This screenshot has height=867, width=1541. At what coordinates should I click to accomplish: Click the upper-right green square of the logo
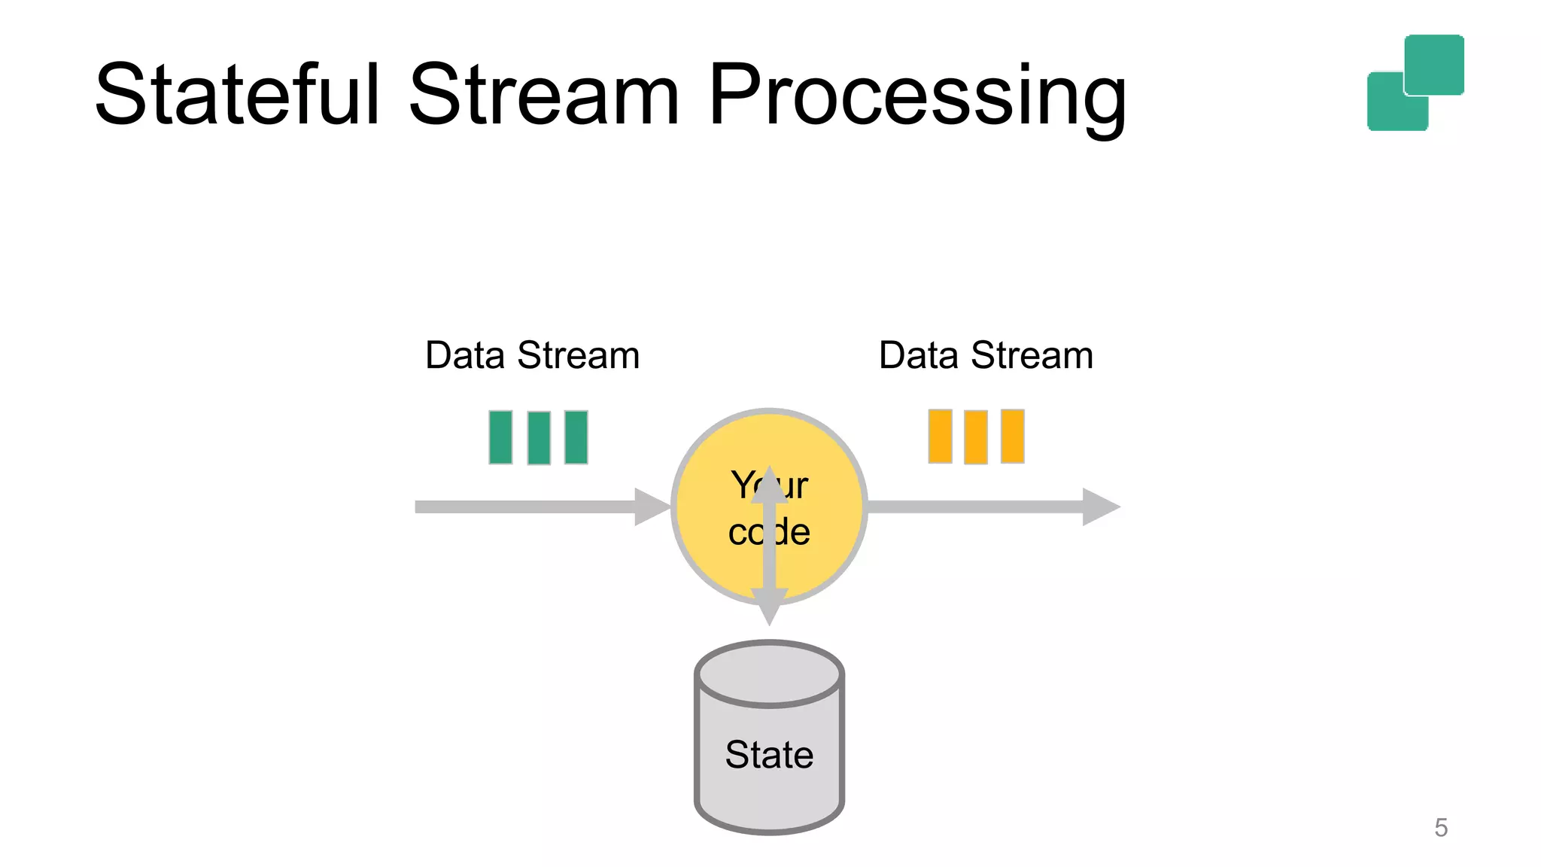(1434, 64)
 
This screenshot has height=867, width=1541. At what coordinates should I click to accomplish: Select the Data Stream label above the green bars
(532, 355)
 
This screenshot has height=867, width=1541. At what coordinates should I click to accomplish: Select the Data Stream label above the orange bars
(986, 355)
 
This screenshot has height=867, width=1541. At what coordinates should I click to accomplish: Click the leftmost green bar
(500, 437)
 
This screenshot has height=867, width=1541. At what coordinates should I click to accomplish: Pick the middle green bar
(539, 438)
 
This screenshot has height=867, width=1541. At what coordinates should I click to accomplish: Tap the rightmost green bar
(576, 437)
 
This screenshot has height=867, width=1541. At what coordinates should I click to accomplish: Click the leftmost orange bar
(940, 437)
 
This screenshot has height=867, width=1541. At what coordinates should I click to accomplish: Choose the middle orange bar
(976, 437)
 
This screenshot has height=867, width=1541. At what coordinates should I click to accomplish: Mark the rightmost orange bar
(1013, 437)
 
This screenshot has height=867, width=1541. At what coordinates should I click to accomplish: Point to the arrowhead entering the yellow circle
(651, 507)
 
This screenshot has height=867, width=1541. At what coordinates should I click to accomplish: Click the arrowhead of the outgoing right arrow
(1100, 507)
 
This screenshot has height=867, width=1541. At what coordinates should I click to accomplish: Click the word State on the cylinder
(769, 754)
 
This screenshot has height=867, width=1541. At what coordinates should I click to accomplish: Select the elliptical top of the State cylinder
(769, 674)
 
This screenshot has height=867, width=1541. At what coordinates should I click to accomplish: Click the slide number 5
(1441, 828)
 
